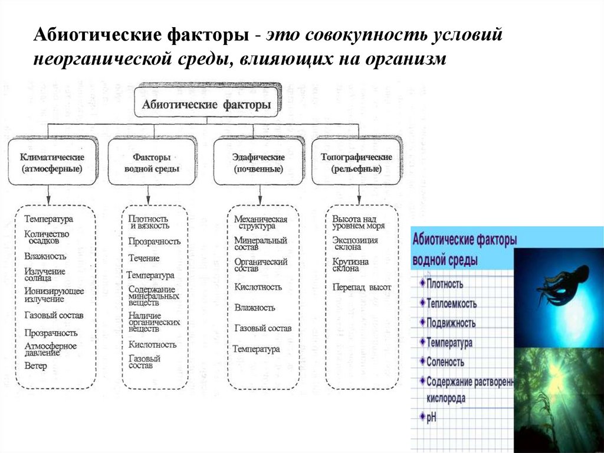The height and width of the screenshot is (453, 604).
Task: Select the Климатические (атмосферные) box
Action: coord(52,163)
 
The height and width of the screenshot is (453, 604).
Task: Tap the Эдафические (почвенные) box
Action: coord(258,163)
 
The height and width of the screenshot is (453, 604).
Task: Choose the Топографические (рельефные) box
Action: coord(356,163)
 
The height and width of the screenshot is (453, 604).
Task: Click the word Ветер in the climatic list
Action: coord(35,366)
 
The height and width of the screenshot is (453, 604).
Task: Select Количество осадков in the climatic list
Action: coord(47,237)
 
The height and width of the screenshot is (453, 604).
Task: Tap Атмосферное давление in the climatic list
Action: coord(50,349)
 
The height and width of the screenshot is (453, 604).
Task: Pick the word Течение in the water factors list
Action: coord(144,258)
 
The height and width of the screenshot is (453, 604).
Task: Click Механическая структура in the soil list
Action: coord(260,223)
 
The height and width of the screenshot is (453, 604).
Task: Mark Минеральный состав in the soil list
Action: coord(260,245)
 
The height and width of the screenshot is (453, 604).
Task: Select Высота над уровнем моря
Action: coord(358,222)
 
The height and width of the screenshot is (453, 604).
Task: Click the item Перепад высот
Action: coord(362,287)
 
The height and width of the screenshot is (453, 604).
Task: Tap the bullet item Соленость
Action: coord(445,362)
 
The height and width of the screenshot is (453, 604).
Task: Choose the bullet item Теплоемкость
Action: coord(452,304)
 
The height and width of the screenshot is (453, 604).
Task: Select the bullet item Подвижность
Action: coord(451,323)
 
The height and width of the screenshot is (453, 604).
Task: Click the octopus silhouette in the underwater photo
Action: coord(563,284)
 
